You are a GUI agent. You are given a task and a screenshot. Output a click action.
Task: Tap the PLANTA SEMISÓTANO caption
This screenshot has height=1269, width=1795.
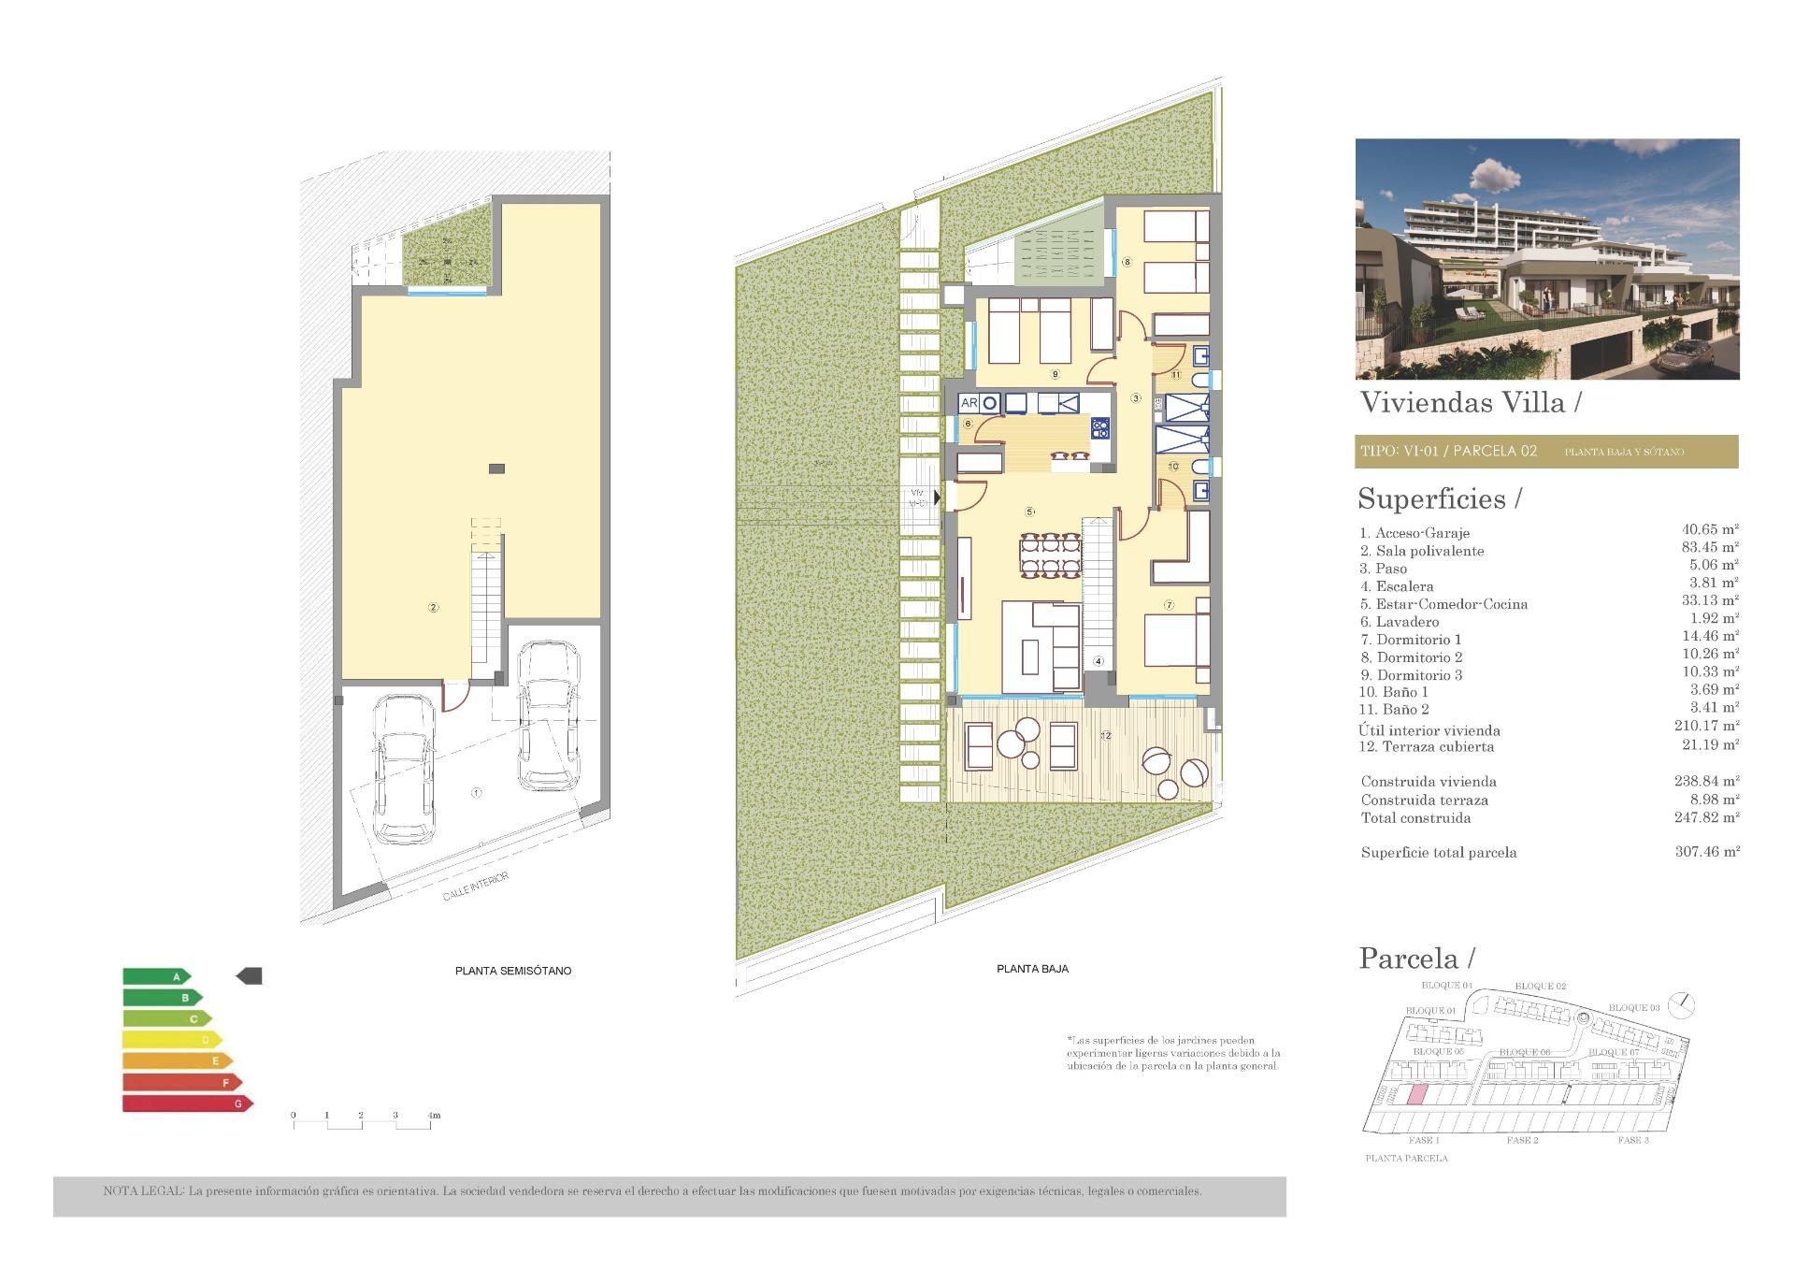(512, 971)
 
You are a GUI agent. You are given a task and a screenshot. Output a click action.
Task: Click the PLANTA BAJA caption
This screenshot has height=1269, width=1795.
(1032, 969)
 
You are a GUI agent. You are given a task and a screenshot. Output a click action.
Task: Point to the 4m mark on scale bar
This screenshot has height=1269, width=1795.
(432, 1116)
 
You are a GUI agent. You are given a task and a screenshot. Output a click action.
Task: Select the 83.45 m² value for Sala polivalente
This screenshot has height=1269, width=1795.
(1709, 547)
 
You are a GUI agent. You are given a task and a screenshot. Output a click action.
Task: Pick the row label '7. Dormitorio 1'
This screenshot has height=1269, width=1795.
(1411, 640)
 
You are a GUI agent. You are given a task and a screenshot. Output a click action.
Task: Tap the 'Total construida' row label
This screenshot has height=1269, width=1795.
(1415, 818)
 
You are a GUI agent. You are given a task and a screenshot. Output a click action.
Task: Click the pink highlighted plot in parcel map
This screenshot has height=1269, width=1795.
(1417, 1095)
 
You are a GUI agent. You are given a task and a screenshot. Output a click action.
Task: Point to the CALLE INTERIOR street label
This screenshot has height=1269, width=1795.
(476, 886)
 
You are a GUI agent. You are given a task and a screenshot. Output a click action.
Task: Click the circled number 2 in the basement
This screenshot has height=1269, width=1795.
(433, 608)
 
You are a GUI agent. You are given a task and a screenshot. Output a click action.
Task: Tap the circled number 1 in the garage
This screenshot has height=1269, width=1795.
(476, 793)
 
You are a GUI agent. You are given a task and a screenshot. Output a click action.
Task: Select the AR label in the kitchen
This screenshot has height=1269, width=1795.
(969, 403)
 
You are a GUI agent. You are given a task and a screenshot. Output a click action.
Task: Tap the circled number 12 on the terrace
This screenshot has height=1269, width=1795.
(1106, 736)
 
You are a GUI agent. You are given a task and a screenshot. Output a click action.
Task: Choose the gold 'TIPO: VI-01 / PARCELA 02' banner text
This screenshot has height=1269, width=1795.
(1447, 451)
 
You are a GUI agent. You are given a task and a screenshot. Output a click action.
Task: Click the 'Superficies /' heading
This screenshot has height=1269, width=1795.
(1439, 498)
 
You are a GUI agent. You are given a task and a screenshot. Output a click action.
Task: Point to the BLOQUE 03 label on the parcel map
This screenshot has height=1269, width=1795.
(1633, 1008)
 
